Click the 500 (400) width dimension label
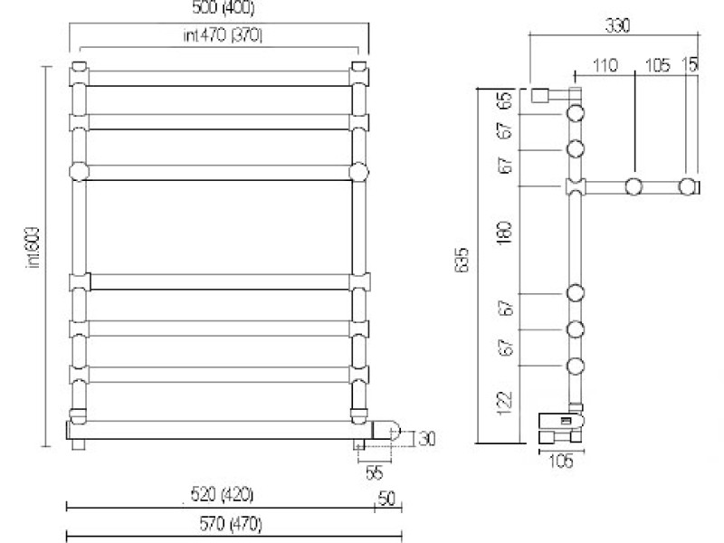pos(218,10)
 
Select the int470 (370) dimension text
pos(218,35)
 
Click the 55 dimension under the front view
pos(374,472)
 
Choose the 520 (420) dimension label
pos(222,494)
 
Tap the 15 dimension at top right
pos(691,66)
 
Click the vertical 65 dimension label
pos(505,100)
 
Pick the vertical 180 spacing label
pos(505,233)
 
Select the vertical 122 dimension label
pos(505,400)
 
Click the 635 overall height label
pos(462,262)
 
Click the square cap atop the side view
pos(541,96)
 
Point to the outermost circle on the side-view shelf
pos(689,187)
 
